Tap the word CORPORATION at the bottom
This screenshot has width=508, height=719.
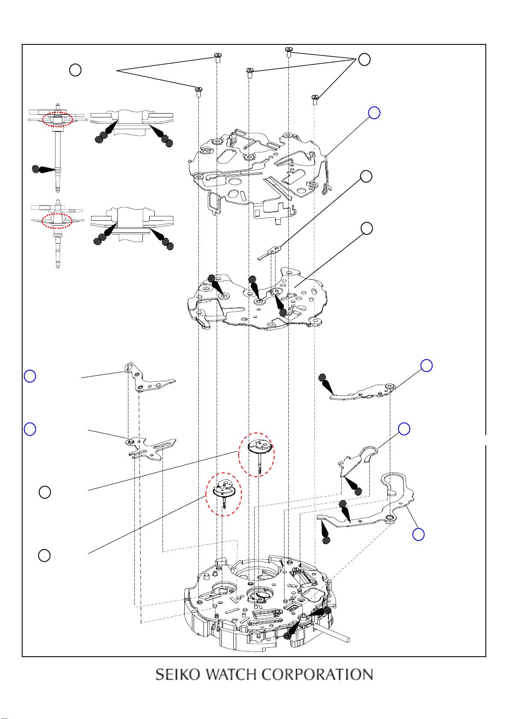pos(317,675)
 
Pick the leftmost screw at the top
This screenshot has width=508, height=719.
pos(198,91)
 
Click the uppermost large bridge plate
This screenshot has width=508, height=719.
pos(259,175)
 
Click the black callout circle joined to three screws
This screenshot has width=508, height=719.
pos(364,59)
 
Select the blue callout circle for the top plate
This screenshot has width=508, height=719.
pos(374,113)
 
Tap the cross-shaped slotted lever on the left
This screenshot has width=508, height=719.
pos(150,449)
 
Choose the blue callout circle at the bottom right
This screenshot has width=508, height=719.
pos(418,535)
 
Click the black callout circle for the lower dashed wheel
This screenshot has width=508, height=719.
pos(44,555)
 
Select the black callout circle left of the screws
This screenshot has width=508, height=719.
pos(75,70)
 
